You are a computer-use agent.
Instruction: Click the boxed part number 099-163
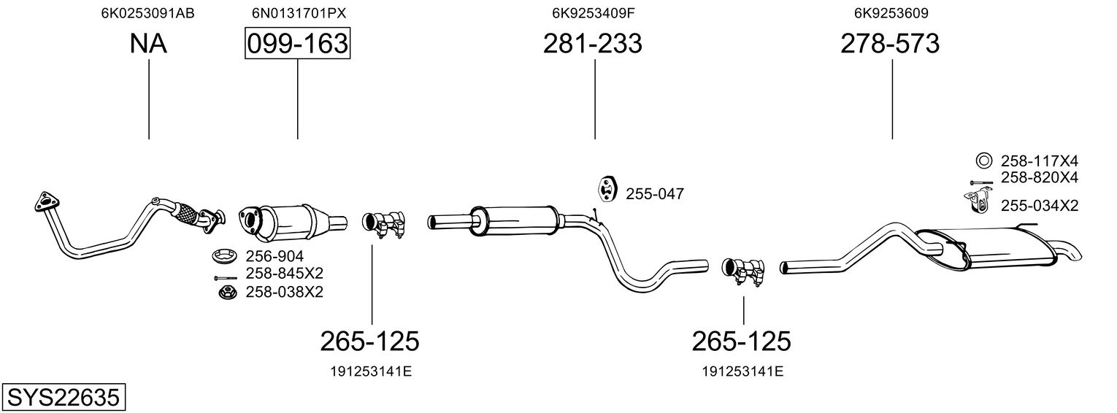point(297,43)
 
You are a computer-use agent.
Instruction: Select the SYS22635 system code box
point(64,398)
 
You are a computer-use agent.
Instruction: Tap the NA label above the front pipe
point(148,43)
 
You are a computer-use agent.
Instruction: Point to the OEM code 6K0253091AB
point(147,13)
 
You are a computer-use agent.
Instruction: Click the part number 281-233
point(592,43)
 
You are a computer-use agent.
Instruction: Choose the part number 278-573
point(890,43)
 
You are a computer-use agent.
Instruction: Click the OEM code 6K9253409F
point(593,13)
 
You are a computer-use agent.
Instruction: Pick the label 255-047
point(655,194)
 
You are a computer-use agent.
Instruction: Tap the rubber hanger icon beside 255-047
point(607,189)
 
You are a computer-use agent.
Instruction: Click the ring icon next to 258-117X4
point(984,161)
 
